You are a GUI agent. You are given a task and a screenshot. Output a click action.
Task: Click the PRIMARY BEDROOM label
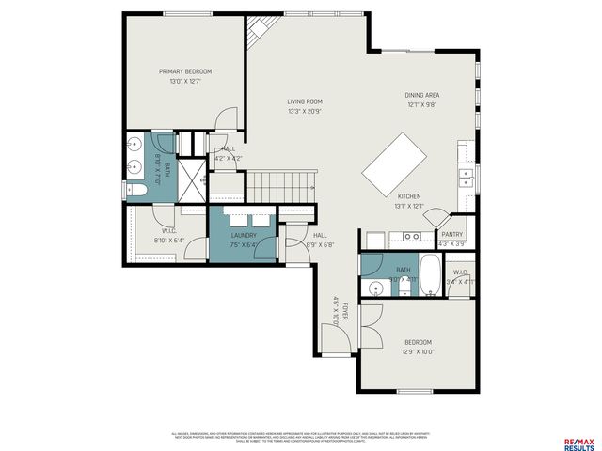(184, 71)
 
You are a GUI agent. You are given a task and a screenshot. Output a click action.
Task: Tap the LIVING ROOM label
(305, 101)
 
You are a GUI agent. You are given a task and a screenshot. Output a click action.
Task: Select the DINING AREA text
(422, 95)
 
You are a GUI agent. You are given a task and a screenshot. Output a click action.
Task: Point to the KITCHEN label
(408, 196)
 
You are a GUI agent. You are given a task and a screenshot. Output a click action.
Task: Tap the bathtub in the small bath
(430, 275)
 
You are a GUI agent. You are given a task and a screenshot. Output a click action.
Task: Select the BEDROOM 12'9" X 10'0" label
(418, 341)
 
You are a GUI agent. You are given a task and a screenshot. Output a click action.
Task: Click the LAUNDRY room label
(244, 236)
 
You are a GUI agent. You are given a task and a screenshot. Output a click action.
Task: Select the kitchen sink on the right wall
(464, 176)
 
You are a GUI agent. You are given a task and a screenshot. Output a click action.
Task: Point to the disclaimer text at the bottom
(300, 436)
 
